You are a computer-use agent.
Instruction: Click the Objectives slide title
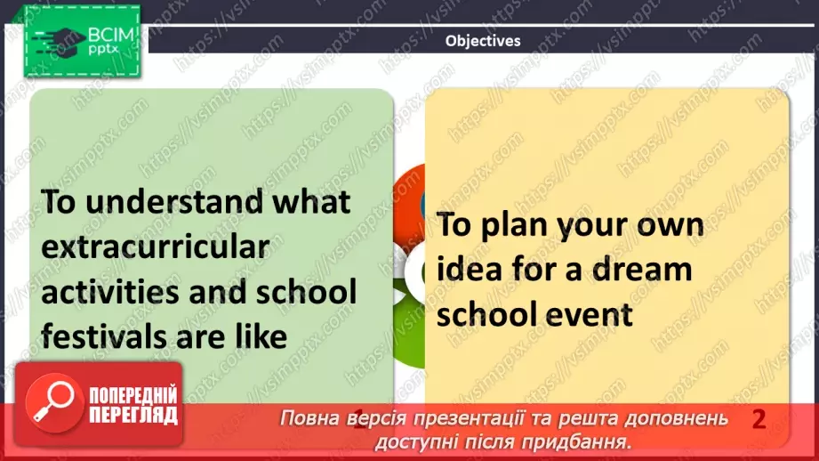(482, 40)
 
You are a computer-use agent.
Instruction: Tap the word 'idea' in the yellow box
(467, 269)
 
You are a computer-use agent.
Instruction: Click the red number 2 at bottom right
(759, 420)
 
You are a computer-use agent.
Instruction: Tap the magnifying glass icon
(52, 404)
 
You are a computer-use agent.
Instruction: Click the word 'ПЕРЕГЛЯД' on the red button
(132, 415)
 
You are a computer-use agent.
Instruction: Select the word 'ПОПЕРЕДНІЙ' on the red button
(132, 395)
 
